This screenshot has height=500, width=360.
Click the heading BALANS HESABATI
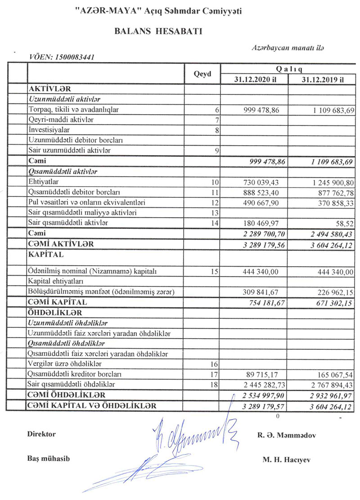pos(158,31)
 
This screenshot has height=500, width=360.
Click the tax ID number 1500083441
pos(74,57)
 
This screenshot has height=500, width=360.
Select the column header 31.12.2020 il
pos(254,80)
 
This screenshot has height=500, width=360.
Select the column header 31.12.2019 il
pos(322,80)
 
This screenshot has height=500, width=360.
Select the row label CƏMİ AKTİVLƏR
pos(61,244)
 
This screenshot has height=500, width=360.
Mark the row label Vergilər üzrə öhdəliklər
pos(66,364)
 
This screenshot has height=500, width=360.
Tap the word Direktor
pos(41,434)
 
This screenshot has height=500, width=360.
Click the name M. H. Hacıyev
pos(284,460)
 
